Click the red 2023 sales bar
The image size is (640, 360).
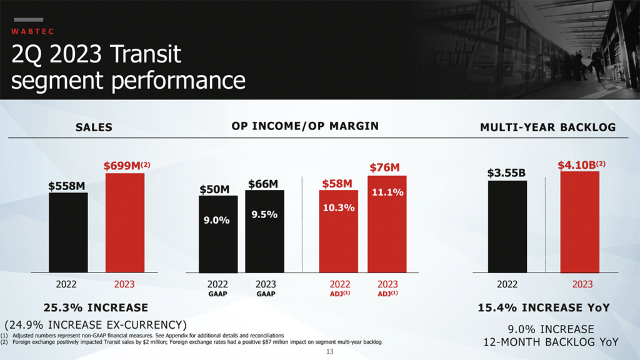125,222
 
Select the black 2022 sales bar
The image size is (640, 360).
68,232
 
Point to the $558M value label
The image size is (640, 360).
67,186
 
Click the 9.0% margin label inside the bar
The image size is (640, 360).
217,220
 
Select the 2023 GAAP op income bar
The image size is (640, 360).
264,231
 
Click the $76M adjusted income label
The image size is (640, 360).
384,167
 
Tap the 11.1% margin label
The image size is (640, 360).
387,192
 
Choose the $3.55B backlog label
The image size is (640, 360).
507,173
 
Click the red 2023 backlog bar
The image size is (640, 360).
580,222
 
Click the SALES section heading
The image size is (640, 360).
94,127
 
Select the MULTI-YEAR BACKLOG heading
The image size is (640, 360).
547,127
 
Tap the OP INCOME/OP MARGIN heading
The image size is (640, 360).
305,126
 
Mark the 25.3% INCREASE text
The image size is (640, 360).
96,307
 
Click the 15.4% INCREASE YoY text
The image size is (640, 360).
544,307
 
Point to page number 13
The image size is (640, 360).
331,352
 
